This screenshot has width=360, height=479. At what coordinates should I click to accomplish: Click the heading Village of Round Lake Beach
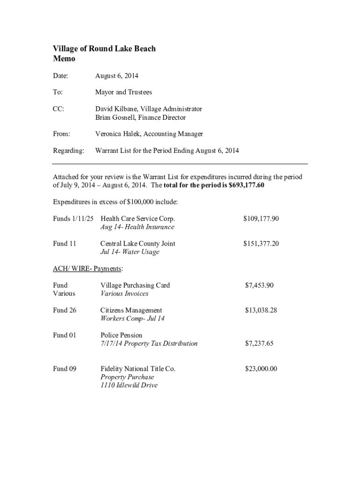tap(104, 49)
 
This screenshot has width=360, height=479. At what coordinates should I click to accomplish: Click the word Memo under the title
tap(64, 59)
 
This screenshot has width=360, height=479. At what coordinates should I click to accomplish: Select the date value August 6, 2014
tap(116, 76)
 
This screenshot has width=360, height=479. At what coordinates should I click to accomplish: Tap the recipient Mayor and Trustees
tap(123, 92)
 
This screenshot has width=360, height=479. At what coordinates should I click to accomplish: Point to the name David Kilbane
tap(115, 109)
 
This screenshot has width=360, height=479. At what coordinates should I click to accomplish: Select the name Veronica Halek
tap(117, 134)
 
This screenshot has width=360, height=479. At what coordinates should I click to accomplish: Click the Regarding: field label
tap(69, 151)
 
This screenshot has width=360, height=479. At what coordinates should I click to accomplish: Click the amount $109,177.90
tap(261, 218)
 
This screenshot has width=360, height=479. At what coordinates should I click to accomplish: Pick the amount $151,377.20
tap(261, 244)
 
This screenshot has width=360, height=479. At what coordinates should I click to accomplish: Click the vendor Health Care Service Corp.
tap(137, 218)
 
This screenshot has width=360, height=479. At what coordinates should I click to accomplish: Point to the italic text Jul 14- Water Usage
tap(130, 252)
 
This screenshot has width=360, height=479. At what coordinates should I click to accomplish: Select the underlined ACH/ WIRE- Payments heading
tap(88, 269)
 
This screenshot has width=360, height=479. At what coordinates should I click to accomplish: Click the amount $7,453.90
tap(259, 285)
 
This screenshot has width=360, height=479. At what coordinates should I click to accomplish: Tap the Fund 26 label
tap(65, 310)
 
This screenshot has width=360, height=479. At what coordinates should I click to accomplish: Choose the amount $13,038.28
tap(261, 310)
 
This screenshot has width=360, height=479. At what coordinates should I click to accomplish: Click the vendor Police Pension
tap(121, 335)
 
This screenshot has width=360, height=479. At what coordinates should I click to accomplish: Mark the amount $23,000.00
tap(261, 369)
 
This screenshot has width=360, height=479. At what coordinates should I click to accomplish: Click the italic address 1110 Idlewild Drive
tap(129, 385)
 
